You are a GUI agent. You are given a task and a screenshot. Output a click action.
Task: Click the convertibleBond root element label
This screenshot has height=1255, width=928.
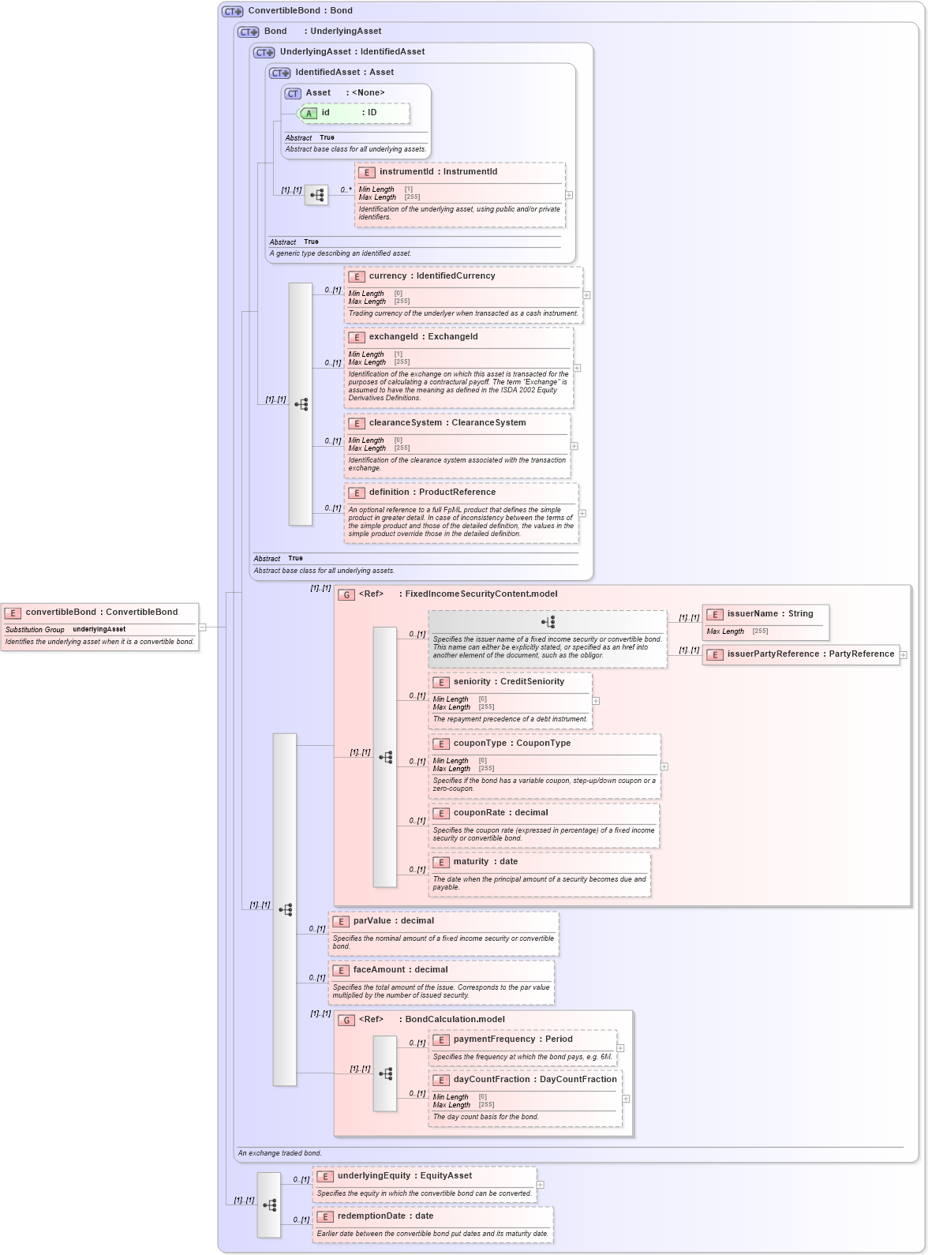101,613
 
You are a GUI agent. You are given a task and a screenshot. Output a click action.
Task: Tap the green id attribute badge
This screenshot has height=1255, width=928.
309,114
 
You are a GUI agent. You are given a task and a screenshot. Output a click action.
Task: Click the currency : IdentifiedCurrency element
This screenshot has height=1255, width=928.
432,276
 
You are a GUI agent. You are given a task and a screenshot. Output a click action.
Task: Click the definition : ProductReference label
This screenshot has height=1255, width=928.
432,493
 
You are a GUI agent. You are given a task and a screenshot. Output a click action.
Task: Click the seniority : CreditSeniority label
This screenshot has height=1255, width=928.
508,682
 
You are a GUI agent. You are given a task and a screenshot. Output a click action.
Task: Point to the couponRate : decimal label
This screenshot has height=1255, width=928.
500,813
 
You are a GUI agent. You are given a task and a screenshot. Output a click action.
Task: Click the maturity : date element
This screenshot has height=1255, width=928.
485,862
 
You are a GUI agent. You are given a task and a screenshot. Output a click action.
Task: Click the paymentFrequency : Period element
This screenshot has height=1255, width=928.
513,1040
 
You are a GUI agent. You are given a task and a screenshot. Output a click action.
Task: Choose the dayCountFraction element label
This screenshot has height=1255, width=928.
534,1080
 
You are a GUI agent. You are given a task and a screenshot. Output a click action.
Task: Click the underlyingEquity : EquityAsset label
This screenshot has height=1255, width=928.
404,1176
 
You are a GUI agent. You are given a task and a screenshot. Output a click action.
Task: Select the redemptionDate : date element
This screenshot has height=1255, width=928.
385,1216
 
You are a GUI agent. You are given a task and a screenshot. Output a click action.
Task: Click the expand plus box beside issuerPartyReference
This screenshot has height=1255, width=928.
904,655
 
